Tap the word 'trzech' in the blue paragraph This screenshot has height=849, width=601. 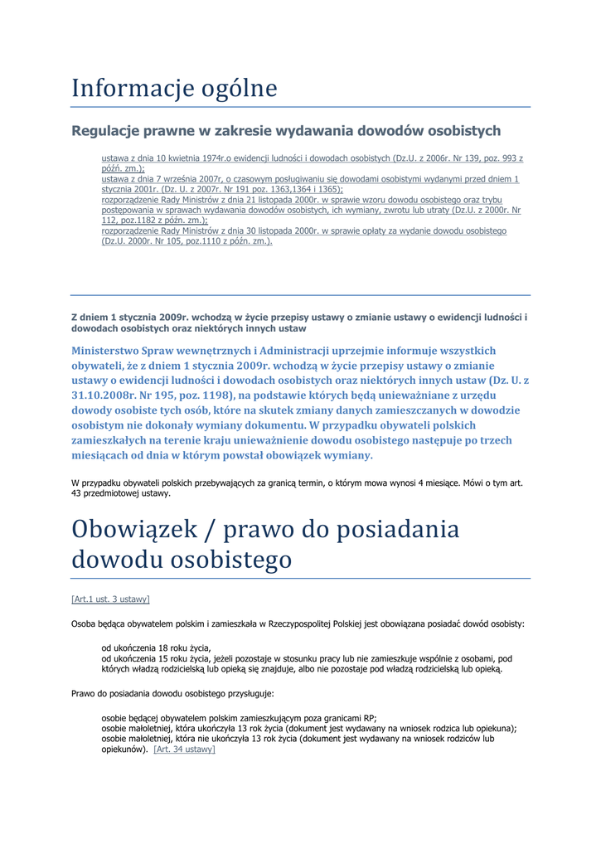pos(496,440)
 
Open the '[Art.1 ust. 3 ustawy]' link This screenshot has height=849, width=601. pos(110,599)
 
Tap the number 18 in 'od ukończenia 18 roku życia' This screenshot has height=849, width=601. pos(151,648)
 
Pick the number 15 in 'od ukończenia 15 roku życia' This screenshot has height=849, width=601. pos(151,659)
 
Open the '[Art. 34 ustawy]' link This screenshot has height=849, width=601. pos(184,750)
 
